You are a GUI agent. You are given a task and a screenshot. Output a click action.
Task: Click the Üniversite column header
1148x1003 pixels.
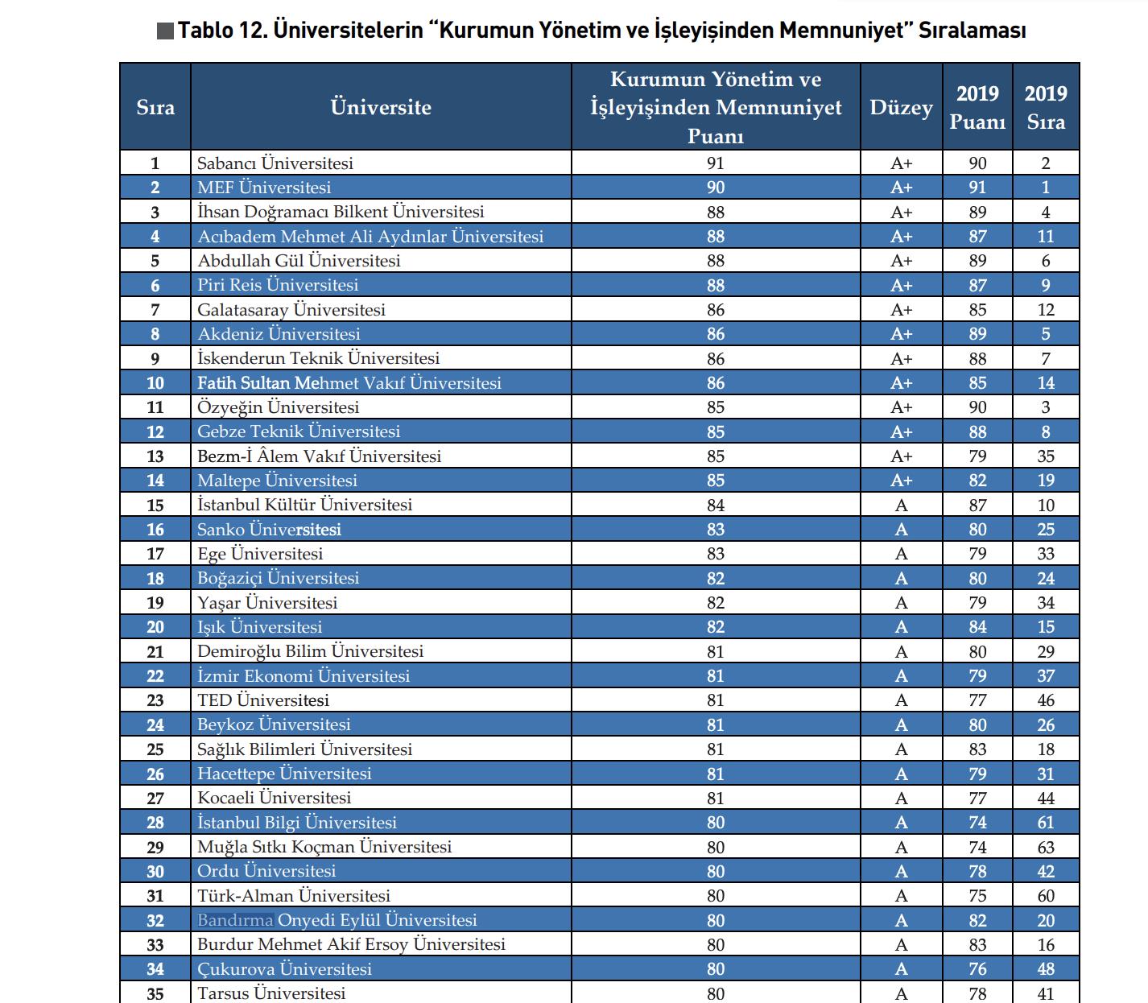coord(381,108)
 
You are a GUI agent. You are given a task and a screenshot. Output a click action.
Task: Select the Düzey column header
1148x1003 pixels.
coord(901,108)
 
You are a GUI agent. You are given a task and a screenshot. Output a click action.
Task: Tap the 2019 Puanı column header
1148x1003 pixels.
coord(977,108)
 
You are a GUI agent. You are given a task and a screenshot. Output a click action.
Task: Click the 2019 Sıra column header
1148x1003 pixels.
coord(1045,108)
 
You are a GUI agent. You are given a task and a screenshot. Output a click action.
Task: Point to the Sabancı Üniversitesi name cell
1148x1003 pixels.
coord(275,163)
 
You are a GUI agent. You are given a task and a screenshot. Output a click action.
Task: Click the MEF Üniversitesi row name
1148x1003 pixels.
coord(264,188)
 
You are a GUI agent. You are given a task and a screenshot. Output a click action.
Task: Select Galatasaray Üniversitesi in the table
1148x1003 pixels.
coord(291,310)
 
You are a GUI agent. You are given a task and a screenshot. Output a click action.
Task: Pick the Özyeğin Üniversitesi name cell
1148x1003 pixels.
coord(278,407)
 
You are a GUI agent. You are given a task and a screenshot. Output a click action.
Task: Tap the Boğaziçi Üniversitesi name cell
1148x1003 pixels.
coord(278,578)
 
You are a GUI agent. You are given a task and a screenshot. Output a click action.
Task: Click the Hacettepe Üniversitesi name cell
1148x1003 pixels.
coord(284,774)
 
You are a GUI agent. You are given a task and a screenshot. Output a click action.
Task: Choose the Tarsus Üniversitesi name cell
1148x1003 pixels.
coord(271,993)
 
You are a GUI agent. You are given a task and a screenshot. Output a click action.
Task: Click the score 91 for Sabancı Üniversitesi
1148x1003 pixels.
coord(715,163)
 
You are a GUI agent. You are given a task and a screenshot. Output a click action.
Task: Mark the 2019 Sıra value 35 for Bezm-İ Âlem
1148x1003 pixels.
coord(1045,456)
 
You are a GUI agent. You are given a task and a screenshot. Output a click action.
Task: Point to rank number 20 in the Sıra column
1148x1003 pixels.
coord(155,627)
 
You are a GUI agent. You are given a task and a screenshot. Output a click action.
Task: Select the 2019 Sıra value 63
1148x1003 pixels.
coord(1045,847)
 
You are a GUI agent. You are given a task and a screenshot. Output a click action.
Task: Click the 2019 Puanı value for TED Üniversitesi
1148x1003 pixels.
coord(977,700)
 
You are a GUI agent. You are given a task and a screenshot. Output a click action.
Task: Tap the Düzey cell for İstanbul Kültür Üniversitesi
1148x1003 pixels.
coord(901,506)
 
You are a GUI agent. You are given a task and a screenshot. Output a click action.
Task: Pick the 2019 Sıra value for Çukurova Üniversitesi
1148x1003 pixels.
coord(1045,969)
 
